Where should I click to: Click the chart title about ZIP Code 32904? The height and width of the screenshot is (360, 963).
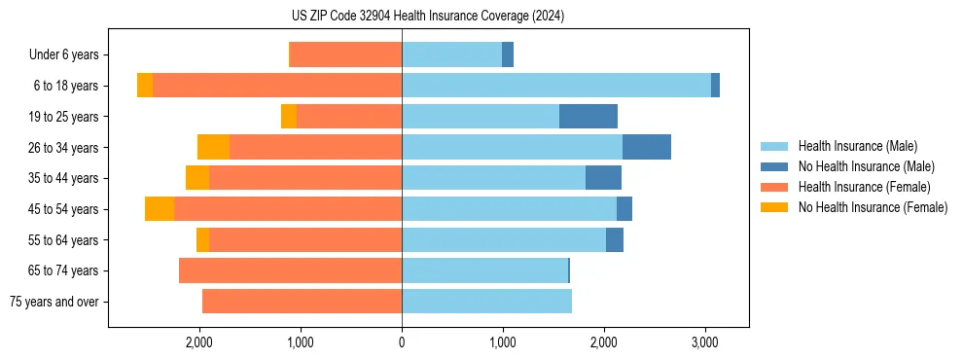pos(427,16)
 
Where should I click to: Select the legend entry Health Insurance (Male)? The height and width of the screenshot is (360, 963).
pos(856,146)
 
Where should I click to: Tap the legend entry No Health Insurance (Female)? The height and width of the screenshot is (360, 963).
pos(873,207)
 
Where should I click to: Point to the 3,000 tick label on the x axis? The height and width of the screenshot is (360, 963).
pos(705,342)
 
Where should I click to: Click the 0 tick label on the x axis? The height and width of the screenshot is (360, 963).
pos(402,342)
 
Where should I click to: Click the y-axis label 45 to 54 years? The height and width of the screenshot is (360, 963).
pos(65,209)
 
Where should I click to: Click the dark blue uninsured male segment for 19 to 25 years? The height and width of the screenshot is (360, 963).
pos(588,117)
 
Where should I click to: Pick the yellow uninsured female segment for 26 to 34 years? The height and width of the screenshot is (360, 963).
pos(213,147)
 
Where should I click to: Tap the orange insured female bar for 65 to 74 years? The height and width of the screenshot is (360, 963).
pos(291,270)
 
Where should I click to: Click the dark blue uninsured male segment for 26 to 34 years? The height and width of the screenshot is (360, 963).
pos(647,147)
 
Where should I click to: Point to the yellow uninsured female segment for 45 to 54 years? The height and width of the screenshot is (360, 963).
pos(160,209)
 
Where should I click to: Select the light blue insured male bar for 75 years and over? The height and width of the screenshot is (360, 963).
pos(486,302)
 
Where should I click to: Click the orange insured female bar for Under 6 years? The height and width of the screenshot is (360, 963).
pos(346,55)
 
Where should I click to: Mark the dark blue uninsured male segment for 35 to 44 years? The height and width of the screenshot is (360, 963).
pos(603,178)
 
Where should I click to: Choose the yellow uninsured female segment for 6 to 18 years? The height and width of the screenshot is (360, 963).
pos(145,86)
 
